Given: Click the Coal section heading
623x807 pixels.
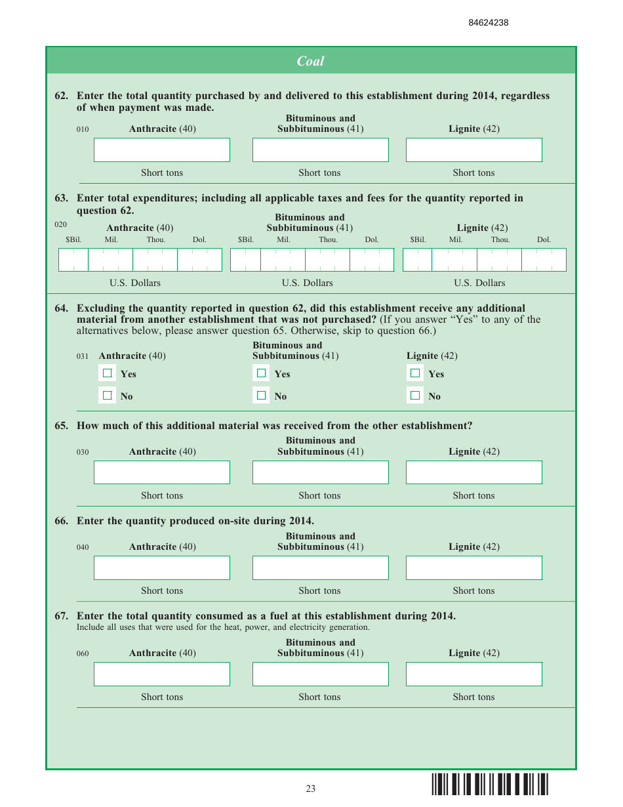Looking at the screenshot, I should click(310, 61).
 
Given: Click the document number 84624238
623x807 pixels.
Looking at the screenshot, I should click(488, 23).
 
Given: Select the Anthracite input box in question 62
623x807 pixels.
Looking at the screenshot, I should click(161, 150).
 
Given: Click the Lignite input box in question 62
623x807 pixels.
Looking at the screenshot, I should click(473, 150).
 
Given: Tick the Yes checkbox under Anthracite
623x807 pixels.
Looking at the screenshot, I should click(108, 373).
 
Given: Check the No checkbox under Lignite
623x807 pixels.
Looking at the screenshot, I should click(415, 396).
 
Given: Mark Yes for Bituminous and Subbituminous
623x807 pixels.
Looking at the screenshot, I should click(262, 373).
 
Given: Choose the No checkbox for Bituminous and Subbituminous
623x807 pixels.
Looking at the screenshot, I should click(262, 396).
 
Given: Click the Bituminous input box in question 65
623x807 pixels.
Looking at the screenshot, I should click(320, 472).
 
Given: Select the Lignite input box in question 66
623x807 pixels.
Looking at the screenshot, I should click(473, 568).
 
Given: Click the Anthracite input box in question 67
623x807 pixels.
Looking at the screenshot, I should click(161, 674).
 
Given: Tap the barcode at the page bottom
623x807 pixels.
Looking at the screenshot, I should click(490, 785).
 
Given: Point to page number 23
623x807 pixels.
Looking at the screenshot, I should click(310, 789).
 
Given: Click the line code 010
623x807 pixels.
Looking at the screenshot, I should click(83, 129).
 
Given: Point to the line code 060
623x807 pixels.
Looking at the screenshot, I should click(83, 653).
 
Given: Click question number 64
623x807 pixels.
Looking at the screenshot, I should click(61, 308).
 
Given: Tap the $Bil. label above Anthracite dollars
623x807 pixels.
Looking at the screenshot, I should click(73, 240).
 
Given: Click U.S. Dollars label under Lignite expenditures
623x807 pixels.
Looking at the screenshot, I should click(479, 283).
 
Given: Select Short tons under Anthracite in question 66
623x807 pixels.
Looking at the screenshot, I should click(162, 590).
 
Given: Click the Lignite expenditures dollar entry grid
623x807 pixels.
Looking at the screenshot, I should click(484, 260).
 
